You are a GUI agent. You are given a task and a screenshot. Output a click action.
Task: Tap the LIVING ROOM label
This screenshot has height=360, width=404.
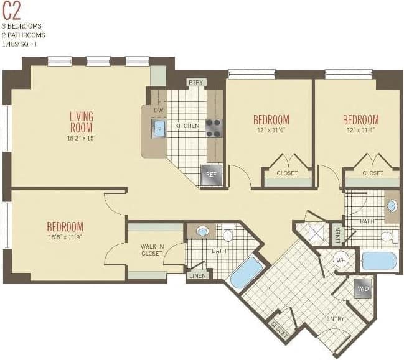tap(81, 121)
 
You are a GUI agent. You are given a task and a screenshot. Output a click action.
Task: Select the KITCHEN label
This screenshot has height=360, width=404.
tap(187, 126)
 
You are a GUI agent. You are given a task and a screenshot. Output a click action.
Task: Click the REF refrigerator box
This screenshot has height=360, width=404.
tap(210, 175)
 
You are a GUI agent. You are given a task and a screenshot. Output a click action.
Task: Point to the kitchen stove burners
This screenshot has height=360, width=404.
tap(214, 127)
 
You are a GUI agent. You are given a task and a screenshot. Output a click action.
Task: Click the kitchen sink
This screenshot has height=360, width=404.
tap(159, 129)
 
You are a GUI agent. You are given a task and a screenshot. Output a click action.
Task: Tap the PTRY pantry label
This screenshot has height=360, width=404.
tap(195, 82)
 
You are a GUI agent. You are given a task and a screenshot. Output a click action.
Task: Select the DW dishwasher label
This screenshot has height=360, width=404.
tap(158, 110)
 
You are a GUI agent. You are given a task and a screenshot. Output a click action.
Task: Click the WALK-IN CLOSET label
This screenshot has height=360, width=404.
tap(152, 250)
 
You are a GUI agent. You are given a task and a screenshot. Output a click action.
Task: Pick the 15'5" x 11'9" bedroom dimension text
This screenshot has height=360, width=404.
tap(65, 237)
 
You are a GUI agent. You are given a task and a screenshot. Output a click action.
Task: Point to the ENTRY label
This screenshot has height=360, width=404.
tap(336, 319)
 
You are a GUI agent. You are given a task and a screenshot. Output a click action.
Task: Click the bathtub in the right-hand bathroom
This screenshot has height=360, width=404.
tap(379, 261)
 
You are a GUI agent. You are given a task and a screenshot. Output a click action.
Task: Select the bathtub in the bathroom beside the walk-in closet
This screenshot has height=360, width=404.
tap(247, 272)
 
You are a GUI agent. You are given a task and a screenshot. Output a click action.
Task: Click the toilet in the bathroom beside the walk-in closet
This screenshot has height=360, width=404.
tap(228, 234)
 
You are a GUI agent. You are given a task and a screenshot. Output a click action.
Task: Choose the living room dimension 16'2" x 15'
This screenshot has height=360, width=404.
tap(81, 138)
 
